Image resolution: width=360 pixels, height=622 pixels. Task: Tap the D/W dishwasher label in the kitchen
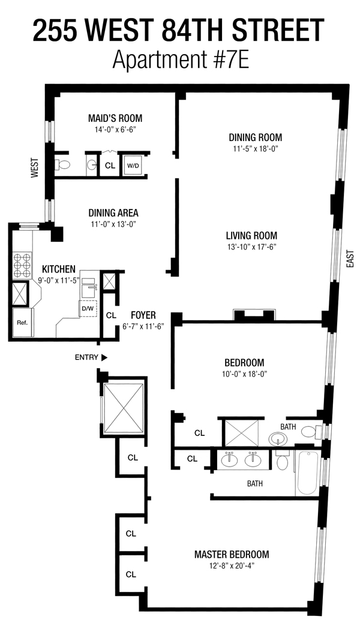[85, 308]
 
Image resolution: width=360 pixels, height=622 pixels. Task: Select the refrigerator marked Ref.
[23, 322]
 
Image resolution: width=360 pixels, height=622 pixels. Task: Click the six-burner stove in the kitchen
[22, 265]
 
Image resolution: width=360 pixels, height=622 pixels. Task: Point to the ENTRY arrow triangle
[104, 357]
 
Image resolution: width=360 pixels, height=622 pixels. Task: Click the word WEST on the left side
[35, 168]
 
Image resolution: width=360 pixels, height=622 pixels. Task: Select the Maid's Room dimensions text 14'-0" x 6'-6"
[115, 129]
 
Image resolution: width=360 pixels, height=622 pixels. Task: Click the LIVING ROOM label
[251, 235]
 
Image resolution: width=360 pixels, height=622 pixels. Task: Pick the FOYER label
[143, 315]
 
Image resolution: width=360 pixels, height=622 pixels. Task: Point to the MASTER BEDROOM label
[232, 554]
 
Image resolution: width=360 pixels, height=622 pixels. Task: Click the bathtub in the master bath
[307, 473]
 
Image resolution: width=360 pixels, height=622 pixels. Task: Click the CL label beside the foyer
[111, 315]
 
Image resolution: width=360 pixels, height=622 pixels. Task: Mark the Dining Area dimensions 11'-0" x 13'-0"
[113, 224]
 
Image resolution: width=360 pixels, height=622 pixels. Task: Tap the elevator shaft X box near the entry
[123, 408]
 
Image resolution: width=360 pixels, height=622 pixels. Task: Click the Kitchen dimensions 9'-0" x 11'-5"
[59, 280]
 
